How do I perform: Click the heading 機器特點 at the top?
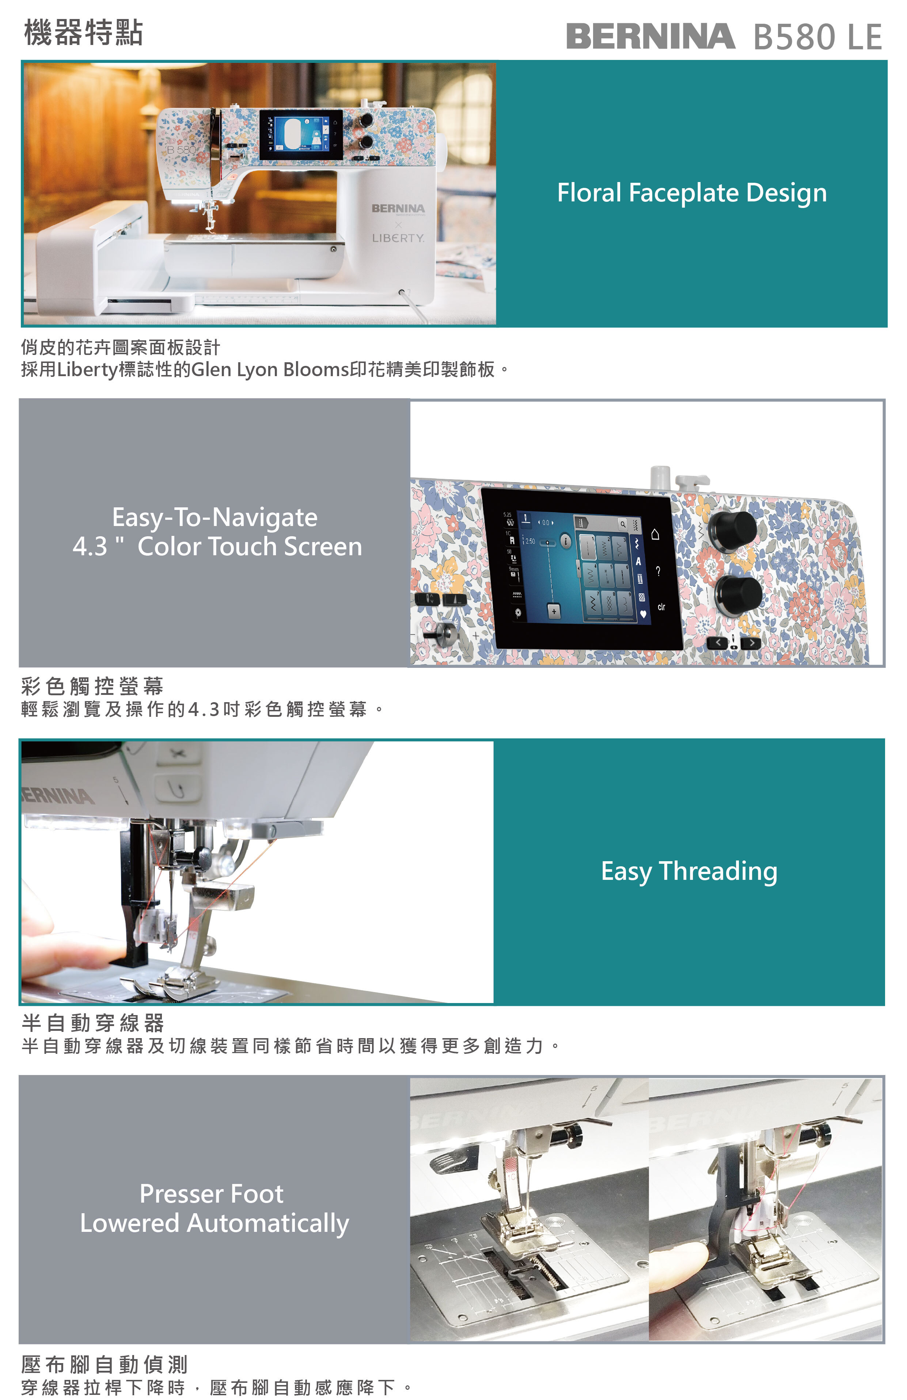(x=84, y=33)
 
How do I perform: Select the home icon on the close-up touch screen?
(x=655, y=534)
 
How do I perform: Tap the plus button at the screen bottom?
(x=554, y=612)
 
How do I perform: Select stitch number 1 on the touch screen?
(x=588, y=547)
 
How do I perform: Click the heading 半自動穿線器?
(x=93, y=1023)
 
